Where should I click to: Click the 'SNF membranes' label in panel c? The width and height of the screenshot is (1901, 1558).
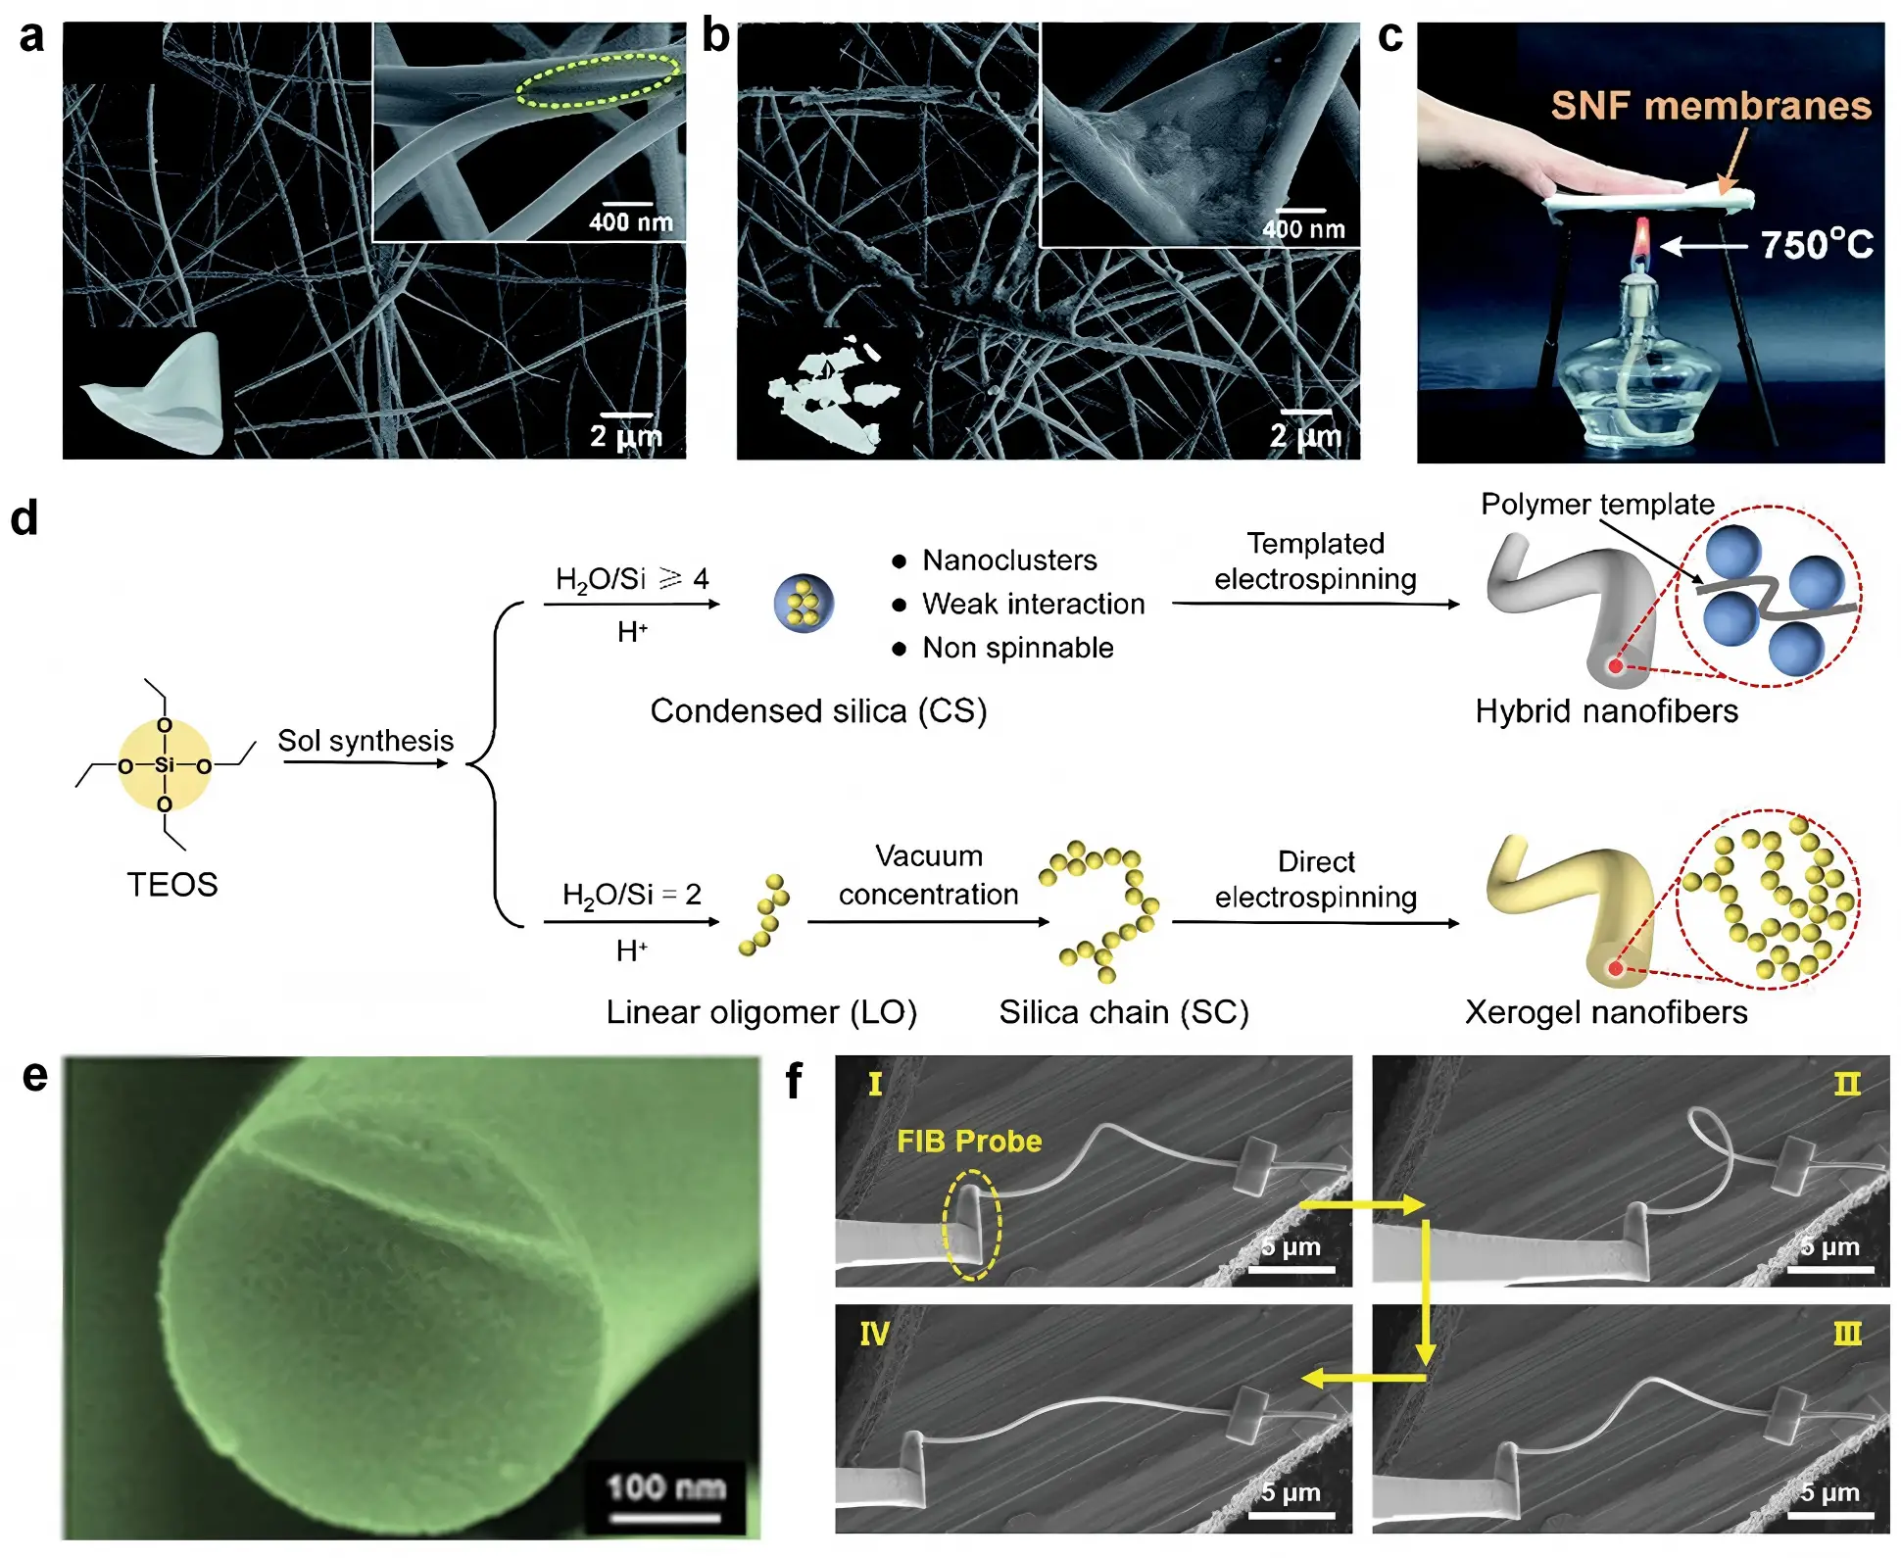click(1711, 106)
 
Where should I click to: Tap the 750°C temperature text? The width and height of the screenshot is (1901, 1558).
click(1817, 245)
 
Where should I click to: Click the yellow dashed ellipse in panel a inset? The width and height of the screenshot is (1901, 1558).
click(598, 80)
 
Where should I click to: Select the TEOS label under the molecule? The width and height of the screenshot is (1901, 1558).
click(172, 885)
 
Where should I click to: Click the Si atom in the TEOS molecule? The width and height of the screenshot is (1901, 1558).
click(165, 764)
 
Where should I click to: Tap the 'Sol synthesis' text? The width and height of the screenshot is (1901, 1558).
click(366, 740)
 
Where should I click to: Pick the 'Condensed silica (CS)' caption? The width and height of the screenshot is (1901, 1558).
click(818, 710)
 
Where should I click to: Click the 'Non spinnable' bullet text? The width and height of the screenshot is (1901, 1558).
click(1018, 648)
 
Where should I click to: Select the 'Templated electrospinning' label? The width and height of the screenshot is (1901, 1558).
click(1315, 560)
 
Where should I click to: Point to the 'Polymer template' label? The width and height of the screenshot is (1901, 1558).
click(1597, 504)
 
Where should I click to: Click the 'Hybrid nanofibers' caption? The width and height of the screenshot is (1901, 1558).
click(1607, 710)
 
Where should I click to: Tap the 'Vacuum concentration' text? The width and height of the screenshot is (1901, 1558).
click(928, 875)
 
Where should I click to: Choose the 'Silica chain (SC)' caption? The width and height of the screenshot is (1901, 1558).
click(1124, 1012)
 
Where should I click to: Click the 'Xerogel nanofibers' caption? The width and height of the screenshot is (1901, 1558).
click(1606, 1012)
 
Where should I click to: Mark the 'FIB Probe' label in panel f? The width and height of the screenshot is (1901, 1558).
click(969, 1142)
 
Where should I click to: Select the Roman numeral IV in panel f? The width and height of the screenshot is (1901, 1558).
click(874, 1334)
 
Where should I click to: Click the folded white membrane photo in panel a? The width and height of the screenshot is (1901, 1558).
click(162, 393)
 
